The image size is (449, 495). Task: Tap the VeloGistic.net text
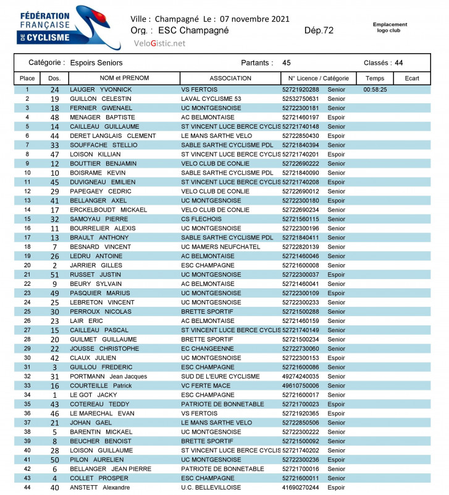(x=159, y=43)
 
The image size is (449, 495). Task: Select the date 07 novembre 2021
(x=254, y=19)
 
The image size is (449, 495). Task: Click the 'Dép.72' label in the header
(x=319, y=30)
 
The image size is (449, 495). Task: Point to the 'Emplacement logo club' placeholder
(x=390, y=27)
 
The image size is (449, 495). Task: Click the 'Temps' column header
(x=375, y=79)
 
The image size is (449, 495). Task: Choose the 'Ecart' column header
(x=412, y=79)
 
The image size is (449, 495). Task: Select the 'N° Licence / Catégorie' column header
(x=318, y=79)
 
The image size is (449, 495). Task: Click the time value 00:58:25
(x=375, y=90)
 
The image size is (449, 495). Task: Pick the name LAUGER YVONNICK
(x=101, y=90)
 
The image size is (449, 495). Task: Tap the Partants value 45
(x=287, y=63)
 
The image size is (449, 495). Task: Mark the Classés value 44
(x=399, y=63)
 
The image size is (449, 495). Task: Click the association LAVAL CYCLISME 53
(x=211, y=99)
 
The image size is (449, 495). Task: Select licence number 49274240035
(x=301, y=376)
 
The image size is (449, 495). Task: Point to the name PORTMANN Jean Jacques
(x=108, y=376)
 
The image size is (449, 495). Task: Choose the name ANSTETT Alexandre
(x=99, y=487)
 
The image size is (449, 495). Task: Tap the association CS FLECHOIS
(x=201, y=219)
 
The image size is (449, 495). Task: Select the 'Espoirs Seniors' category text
(x=96, y=63)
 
